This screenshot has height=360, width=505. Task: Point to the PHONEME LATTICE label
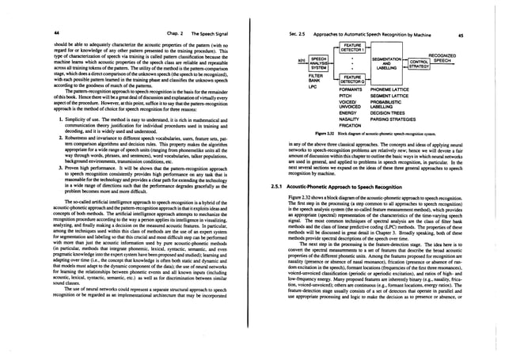[x=390, y=90]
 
